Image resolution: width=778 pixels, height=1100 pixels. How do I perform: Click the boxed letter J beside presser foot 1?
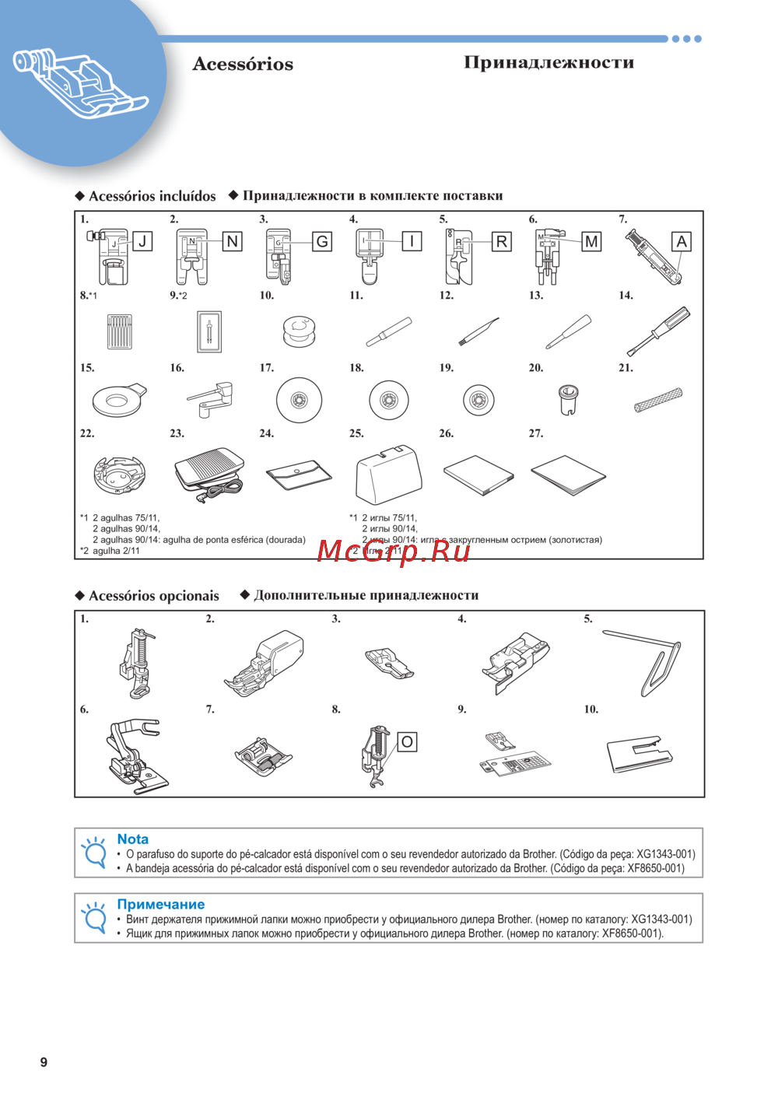142,241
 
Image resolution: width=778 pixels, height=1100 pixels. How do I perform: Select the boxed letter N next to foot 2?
232,241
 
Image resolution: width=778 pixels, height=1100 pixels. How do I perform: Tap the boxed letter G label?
322,241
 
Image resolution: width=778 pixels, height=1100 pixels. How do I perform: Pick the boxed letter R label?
502,241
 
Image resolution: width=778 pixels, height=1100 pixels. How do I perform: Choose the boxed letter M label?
591,241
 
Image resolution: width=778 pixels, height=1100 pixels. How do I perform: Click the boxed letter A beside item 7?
682,241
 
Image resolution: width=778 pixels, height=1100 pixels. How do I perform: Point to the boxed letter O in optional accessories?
407,742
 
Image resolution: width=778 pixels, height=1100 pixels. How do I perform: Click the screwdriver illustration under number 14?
658,331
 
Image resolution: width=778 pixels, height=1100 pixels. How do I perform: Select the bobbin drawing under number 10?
299,331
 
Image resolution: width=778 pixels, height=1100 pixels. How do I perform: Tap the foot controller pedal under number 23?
209,471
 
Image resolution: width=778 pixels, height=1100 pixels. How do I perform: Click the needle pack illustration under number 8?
120,331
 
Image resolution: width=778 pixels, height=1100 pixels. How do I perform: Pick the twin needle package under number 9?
209,331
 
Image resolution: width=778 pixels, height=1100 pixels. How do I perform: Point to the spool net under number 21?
658,400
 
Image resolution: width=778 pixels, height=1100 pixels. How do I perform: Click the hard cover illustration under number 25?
388,474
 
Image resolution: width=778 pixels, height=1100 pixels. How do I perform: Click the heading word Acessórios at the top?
243,64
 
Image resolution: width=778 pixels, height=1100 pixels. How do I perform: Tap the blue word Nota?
132,839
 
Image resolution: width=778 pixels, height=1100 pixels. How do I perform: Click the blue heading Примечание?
160,904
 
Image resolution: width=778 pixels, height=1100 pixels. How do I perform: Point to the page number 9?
44,1062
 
